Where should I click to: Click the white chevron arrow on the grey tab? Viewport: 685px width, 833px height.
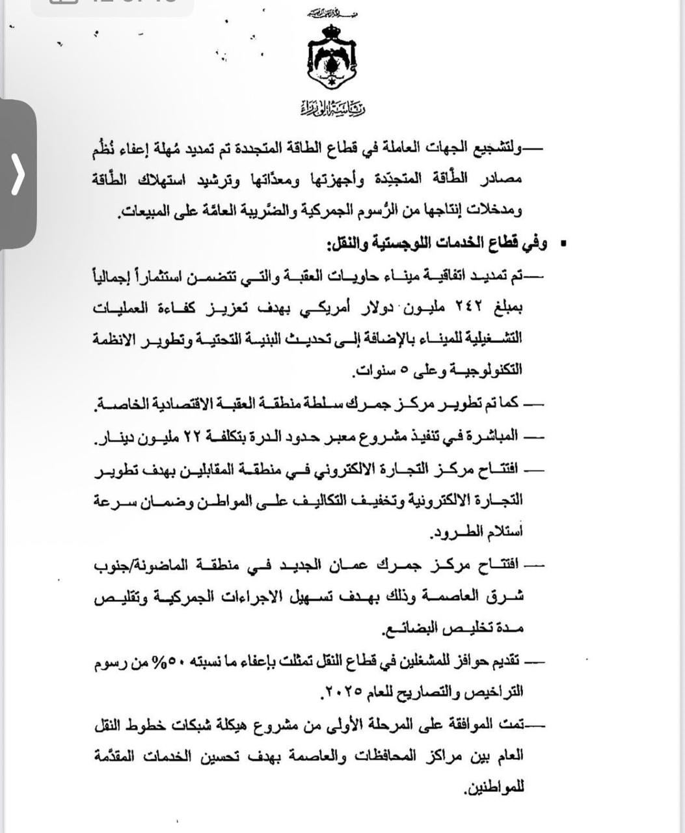coord(18,174)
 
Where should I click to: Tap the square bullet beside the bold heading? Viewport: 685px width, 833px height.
coord(563,245)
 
